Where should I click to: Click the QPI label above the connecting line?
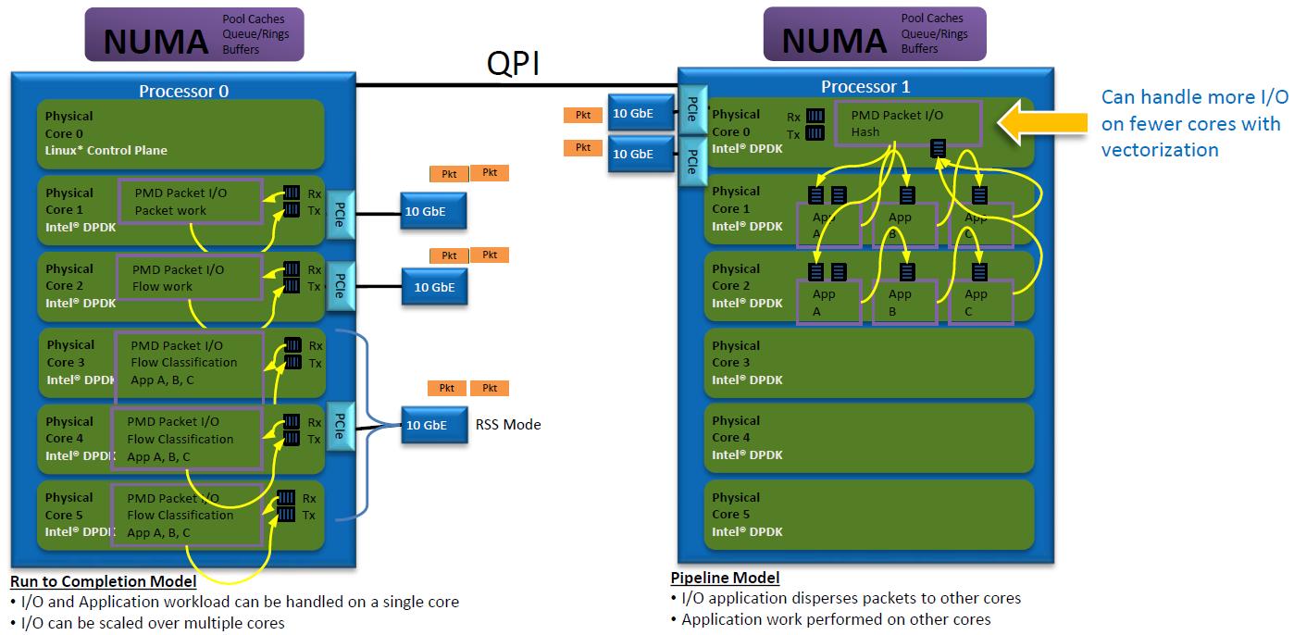(x=513, y=63)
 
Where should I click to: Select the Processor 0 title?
(x=183, y=92)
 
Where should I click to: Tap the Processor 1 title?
(x=865, y=87)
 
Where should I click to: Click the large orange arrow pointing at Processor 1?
(x=1043, y=122)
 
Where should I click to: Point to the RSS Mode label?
(x=508, y=425)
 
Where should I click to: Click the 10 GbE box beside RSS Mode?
(x=434, y=425)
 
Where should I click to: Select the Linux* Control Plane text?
(x=106, y=150)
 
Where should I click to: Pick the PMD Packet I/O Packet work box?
(x=190, y=201)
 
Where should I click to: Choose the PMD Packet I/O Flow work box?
(x=189, y=278)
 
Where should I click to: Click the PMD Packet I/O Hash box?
(x=908, y=123)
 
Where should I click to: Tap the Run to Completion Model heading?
(x=104, y=581)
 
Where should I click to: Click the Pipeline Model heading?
(x=725, y=578)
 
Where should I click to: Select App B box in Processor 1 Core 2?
(x=904, y=302)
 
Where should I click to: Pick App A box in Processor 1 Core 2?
(x=829, y=302)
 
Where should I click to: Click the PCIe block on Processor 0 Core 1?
(x=341, y=215)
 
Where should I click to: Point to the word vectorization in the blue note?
(x=1160, y=150)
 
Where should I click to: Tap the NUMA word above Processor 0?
(x=156, y=43)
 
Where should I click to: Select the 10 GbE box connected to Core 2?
(x=434, y=287)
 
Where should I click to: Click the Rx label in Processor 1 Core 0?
(x=793, y=117)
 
